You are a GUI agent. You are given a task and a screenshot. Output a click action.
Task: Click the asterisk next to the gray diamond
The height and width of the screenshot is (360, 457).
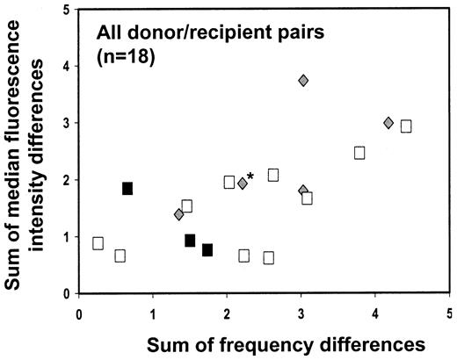coord(251,177)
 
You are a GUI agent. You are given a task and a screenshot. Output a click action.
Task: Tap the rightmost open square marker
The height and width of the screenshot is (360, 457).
coord(406,126)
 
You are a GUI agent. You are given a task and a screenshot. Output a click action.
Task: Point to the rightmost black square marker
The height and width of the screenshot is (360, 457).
coord(207,250)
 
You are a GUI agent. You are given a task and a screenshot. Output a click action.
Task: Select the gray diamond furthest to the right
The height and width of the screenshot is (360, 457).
coord(388,123)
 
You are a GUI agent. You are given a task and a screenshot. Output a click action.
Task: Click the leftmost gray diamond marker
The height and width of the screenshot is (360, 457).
coord(179,214)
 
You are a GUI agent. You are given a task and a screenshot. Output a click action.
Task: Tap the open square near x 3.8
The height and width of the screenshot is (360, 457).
coord(359,153)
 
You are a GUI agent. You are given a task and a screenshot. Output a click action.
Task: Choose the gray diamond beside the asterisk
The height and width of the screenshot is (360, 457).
coord(243,184)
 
